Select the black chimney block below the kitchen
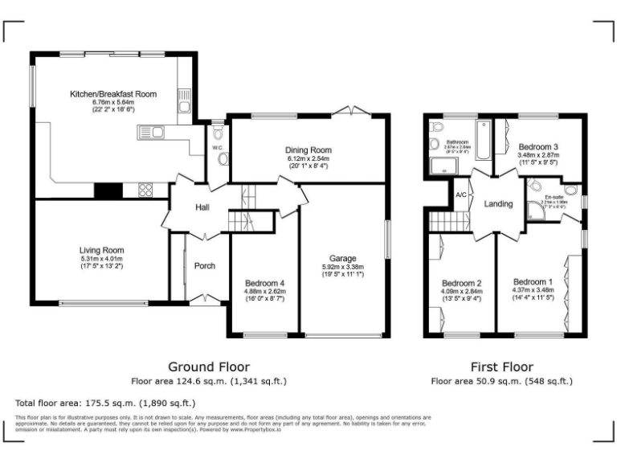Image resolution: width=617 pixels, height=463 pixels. (x=108, y=191)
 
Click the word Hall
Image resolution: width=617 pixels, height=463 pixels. (x=203, y=208)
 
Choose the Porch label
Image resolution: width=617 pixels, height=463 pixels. (x=205, y=265)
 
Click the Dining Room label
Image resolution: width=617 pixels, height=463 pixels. (x=308, y=150)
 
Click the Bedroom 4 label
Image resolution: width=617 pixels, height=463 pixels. (x=264, y=283)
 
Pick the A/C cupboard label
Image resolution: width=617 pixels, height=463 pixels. (x=461, y=195)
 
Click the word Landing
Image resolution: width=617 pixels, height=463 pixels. (x=498, y=204)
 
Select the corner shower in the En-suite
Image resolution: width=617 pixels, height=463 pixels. (x=536, y=211)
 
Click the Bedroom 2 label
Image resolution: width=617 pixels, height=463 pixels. (x=462, y=283)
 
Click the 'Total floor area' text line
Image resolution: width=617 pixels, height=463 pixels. (x=104, y=402)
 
